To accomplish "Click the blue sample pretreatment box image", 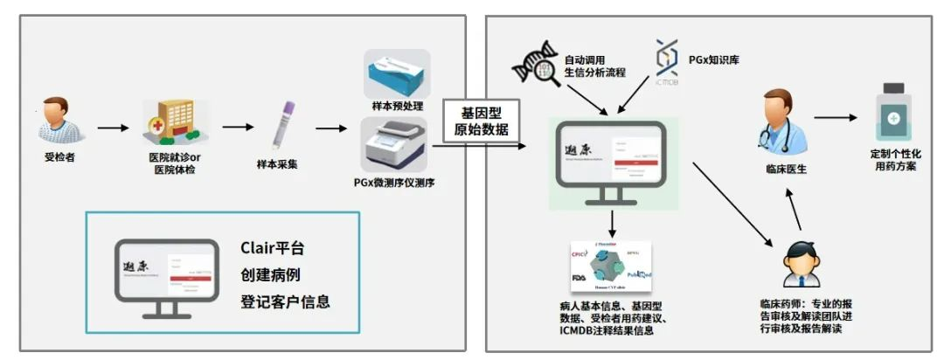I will (397, 74).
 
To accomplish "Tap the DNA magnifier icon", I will (533, 65).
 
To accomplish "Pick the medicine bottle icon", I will (892, 113).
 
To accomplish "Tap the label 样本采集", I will (277, 163).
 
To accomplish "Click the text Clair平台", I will (273, 248).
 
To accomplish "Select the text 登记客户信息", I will (286, 302).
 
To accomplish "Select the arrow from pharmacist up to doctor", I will (793, 211).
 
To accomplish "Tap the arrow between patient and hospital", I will (113, 128).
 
